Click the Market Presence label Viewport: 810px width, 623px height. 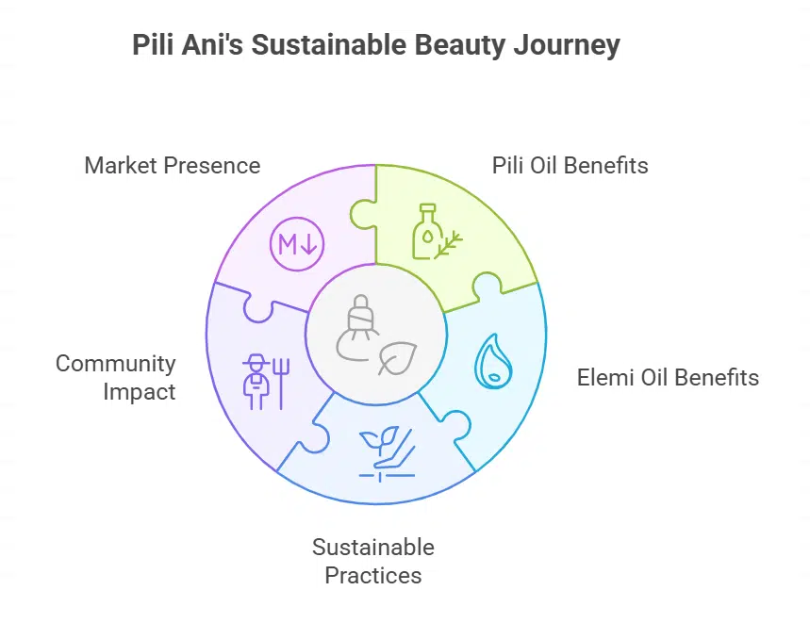[172, 166]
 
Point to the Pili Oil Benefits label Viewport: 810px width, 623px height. [570, 166]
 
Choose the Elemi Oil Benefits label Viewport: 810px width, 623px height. [668, 378]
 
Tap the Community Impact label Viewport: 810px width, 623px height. [116, 377]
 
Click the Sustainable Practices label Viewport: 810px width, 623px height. [373, 561]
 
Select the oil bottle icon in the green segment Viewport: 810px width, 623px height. [426, 231]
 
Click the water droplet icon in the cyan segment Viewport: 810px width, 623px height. [491, 360]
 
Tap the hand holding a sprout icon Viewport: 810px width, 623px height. [387, 451]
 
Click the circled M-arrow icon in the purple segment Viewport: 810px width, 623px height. [297, 245]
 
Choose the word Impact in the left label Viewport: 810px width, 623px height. [139, 391]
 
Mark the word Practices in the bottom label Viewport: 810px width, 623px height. [373, 575]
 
